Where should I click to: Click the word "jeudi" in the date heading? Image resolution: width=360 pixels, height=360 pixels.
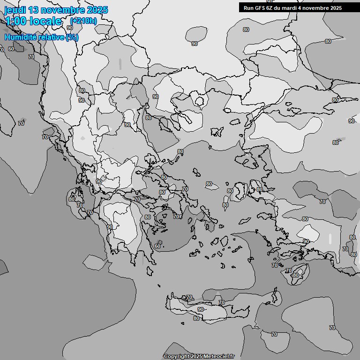point(15,10)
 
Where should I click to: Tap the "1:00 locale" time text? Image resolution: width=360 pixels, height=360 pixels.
point(33,21)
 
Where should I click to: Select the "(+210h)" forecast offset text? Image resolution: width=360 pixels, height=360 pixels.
point(83,21)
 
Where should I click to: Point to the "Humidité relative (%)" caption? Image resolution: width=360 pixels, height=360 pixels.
point(41,37)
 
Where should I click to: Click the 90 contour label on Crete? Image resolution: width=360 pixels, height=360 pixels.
point(201,309)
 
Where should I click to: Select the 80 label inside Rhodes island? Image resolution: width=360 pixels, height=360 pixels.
point(295,275)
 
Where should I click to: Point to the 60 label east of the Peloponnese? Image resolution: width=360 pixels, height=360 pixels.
point(157,246)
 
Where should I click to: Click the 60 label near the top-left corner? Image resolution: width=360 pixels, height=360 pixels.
point(11,49)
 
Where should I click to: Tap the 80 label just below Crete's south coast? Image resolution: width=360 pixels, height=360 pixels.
point(196,318)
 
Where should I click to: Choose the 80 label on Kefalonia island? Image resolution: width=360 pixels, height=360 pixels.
point(71,199)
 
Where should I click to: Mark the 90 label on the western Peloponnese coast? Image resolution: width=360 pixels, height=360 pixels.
point(110,227)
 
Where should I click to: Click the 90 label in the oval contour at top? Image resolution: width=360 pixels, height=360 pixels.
point(195,44)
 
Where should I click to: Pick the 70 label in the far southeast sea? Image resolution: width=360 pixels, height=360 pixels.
point(332,328)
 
